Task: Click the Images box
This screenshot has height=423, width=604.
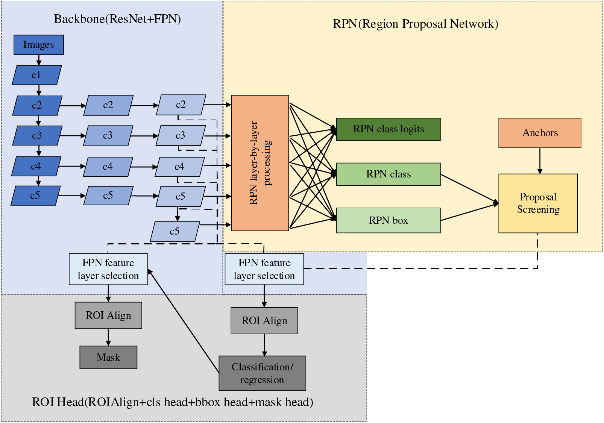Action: [x=39, y=45]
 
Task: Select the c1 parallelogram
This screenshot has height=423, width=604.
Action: [x=37, y=75]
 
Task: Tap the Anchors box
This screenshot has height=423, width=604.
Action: [x=540, y=133]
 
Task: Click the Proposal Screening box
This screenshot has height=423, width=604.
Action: [x=538, y=203]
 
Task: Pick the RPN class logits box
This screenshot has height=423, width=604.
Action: [x=388, y=129]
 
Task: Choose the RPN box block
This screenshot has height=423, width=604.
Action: [x=388, y=220]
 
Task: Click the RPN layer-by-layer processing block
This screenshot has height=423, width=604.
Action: [x=260, y=163]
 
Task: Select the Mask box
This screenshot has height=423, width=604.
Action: [x=108, y=357]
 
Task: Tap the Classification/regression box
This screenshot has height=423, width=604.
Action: [x=262, y=373]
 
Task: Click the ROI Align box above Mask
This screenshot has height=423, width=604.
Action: [x=108, y=315]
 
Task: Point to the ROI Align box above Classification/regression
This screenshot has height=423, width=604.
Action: [x=264, y=321]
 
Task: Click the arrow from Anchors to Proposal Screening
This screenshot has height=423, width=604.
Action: [x=540, y=161]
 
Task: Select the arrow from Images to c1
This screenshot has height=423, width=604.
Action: [x=39, y=60]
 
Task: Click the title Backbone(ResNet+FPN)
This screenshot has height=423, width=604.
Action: [x=117, y=19]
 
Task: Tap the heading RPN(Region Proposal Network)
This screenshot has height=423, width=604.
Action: [x=415, y=24]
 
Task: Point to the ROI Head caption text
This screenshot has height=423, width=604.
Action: [x=172, y=402]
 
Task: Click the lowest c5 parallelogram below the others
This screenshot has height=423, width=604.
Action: [x=175, y=231]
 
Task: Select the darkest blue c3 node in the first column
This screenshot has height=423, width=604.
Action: [x=37, y=135]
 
